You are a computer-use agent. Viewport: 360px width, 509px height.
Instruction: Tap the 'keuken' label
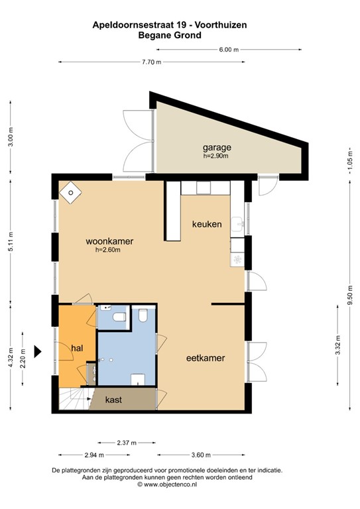click(206, 224)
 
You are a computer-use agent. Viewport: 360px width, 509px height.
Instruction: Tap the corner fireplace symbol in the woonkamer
click(70, 192)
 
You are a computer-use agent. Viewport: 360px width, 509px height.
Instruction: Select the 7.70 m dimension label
click(152, 62)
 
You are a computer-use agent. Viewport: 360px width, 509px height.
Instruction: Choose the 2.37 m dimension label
click(125, 443)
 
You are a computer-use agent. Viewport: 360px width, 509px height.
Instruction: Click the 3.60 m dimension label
click(200, 455)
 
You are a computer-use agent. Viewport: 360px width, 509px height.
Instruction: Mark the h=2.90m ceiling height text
click(215, 156)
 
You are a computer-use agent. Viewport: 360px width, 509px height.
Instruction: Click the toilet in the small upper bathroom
click(120, 319)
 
